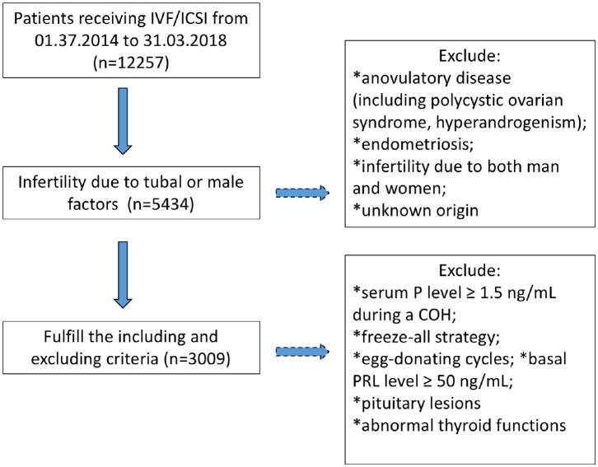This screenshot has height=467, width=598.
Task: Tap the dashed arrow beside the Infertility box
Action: (x=301, y=194)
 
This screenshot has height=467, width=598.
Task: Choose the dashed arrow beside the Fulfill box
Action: (x=301, y=352)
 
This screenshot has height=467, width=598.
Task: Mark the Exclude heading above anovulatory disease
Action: (x=469, y=57)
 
